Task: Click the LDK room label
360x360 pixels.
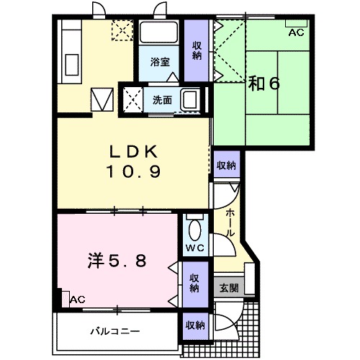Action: click(x=134, y=151)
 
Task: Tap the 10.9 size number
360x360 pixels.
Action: click(x=134, y=171)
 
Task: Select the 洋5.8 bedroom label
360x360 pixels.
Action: click(x=117, y=261)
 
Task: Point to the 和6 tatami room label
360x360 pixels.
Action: click(x=264, y=84)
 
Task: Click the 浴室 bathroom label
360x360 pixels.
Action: click(x=160, y=62)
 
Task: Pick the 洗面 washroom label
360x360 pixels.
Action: click(x=162, y=100)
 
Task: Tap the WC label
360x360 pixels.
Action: click(x=195, y=248)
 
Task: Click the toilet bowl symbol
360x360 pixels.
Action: click(x=195, y=230)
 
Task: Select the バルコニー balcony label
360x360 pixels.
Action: click(x=115, y=332)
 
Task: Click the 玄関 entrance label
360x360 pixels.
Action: click(x=229, y=287)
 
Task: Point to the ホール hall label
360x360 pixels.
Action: click(x=230, y=222)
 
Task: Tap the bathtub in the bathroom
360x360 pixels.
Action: click(x=158, y=32)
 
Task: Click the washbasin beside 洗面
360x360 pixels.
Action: click(x=191, y=99)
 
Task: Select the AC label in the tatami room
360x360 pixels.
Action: click(x=296, y=32)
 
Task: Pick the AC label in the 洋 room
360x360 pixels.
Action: click(x=78, y=300)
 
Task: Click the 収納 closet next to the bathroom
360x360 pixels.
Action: click(x=197, y=51)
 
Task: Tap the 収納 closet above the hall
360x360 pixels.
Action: click(x=226, y=165)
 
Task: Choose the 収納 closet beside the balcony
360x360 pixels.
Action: click(x=195, y=325)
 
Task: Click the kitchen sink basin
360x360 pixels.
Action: click(x=72, y=65)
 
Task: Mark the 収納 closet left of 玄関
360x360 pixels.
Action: click(x=195, y=284)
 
